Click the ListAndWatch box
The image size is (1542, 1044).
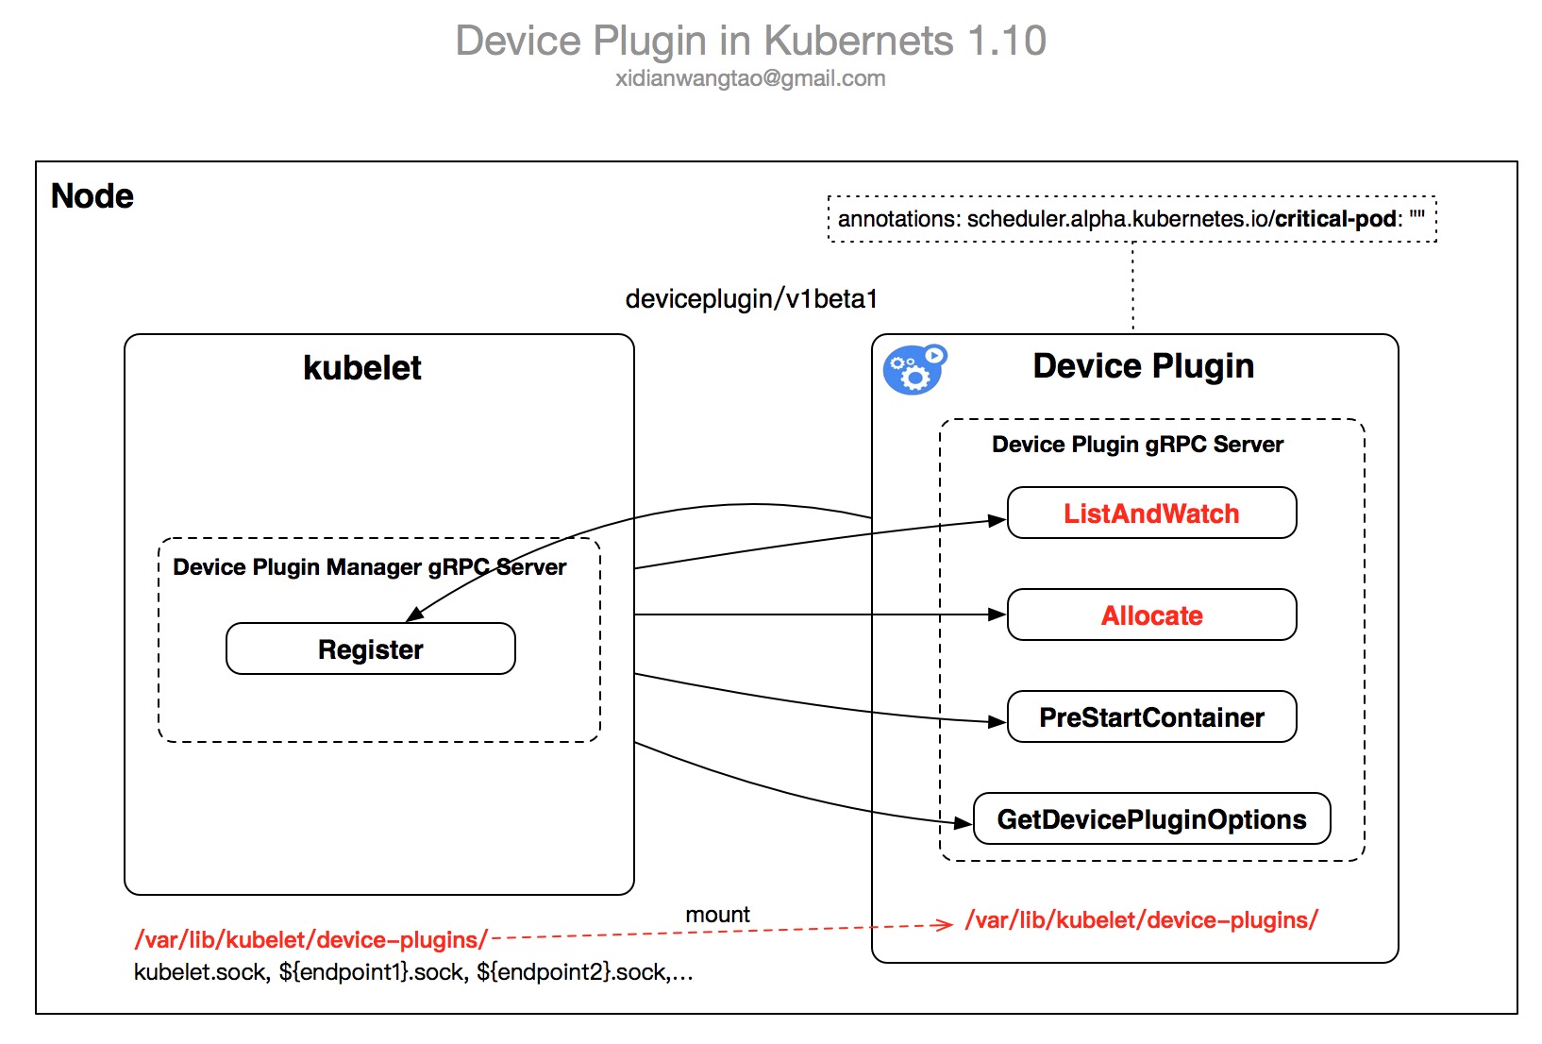pos(1151,514)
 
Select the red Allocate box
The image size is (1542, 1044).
pos(1151,615)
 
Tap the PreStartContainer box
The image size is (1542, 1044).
pos(1151,717)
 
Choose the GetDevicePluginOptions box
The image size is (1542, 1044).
pos(1151,819)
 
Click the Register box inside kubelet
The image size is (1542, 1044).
pos(370,649)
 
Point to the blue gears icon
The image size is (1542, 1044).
pos(913,370)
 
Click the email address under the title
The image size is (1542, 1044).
pos(750,78)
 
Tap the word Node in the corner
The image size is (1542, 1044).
pos(92,196)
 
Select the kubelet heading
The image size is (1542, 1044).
pos(362,368)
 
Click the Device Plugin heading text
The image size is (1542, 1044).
pos(1143,366)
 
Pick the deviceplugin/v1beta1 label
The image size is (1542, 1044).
pos(751,299)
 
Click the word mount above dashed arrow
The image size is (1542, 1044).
pos(717,915)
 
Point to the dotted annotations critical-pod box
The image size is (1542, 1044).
pos(1131,219)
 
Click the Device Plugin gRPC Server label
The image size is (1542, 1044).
pos(1137,445)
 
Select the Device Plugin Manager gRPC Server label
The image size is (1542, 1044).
pos(369,567)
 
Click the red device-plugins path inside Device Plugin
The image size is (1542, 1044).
pos(1141,920)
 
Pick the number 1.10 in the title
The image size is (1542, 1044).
pos(1007,42)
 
